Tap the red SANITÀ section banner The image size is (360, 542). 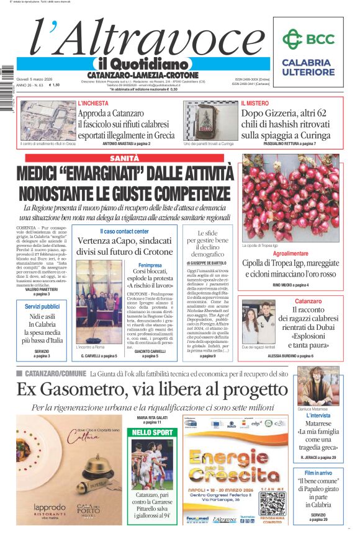tap(124, 159)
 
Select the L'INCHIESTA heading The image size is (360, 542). tap(93, 104)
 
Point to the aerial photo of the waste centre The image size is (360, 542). tap(48, 120)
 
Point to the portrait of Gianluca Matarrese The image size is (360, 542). tap(317, 385)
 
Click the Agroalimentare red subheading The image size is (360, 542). tap(290, 254)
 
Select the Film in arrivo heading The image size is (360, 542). tap(318, 473)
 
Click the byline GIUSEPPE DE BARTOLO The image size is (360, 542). tap(206, 264)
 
